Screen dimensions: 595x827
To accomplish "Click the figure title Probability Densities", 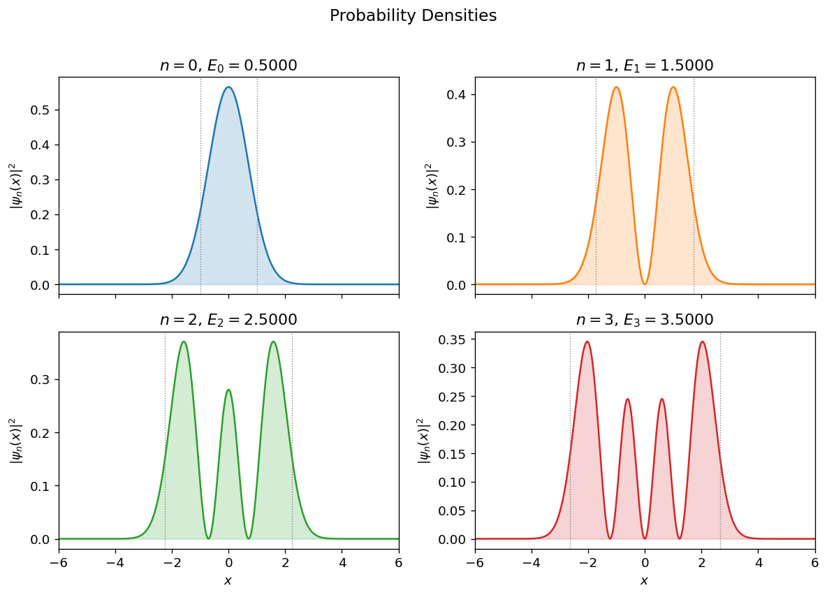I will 413,16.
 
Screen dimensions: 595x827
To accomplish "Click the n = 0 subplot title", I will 228,66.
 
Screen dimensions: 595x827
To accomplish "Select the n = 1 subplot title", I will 644,66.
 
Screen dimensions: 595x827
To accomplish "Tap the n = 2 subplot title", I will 228,320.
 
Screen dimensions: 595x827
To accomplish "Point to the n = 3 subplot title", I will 644,320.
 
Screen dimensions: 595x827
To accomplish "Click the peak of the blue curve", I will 228,87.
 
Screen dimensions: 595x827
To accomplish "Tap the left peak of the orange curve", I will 616,87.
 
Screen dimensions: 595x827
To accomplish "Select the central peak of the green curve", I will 228,390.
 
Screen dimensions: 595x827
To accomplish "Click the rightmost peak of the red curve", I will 702,341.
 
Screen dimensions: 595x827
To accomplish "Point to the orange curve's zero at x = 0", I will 645,284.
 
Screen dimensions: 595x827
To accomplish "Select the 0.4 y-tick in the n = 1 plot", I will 458,95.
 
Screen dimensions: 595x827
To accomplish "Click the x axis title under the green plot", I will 228,580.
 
